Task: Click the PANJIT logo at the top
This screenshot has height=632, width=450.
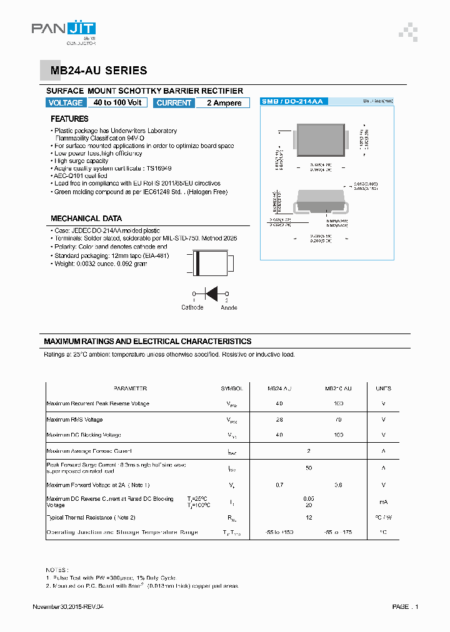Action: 64,30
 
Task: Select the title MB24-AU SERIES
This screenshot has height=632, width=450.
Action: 99,71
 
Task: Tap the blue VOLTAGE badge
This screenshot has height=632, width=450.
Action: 66,103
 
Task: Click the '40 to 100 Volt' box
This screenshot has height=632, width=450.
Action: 117,103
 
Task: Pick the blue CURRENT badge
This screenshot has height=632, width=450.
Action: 174,103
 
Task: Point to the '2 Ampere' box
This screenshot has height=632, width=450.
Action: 224,103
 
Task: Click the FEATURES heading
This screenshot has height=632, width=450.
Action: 69,119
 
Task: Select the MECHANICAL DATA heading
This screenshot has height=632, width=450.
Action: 86,219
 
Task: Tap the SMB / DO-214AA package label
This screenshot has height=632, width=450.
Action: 292,101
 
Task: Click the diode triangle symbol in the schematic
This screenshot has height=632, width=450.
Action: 211,294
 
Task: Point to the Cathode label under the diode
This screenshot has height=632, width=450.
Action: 192,307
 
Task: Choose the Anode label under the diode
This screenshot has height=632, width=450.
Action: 229,307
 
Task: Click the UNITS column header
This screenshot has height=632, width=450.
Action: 383,388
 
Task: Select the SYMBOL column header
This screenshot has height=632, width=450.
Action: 231,388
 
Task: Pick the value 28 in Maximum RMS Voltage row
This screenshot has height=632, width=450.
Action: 279,420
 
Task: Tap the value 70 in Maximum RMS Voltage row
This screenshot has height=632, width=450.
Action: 338,420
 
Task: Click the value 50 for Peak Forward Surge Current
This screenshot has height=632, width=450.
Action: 308,467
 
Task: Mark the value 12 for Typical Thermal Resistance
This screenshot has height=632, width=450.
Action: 308,517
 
